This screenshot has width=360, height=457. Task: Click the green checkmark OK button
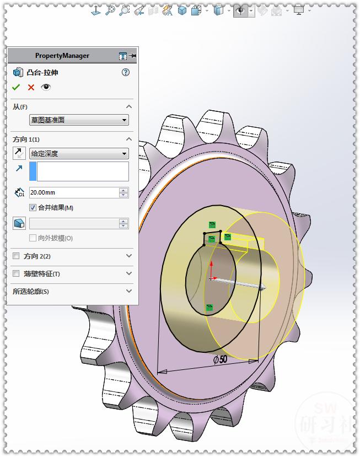16,87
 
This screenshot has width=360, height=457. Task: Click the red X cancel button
31,87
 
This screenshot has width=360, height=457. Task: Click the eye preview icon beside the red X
46,87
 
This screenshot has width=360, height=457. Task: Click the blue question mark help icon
126,72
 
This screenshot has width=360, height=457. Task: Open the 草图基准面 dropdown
78,120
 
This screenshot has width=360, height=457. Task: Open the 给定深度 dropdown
78,154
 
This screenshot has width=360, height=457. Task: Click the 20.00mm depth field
73,193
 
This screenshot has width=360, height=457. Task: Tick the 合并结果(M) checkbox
33,208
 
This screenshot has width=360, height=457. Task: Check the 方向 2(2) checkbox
16,256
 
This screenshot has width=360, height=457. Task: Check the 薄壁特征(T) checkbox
16,274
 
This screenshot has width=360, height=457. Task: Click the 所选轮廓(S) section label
30,291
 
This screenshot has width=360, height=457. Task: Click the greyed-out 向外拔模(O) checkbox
33,238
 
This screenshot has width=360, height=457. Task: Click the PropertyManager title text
62,56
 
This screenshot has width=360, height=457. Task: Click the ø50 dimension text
221,359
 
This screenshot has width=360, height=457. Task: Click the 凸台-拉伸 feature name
42,72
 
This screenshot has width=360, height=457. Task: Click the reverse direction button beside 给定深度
19,154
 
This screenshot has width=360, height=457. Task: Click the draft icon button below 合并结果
19,223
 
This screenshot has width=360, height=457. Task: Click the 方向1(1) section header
26,139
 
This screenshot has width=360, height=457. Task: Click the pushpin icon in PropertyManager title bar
133,56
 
